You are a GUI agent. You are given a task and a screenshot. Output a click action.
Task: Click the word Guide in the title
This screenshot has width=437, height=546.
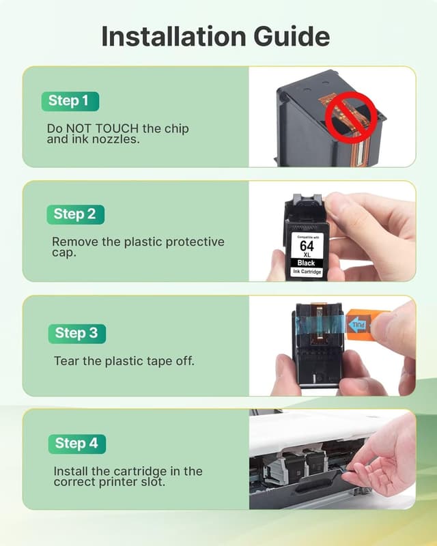[x=294, y=36]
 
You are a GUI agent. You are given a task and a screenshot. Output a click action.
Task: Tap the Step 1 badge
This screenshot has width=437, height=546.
[x=68, y=101]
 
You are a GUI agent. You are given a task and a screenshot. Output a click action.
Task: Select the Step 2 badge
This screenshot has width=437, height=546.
[x=74, y=214]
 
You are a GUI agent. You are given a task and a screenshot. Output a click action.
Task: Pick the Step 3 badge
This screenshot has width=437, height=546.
[x=76, y=333]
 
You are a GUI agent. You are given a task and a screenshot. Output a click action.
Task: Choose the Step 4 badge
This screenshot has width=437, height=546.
[x=76, y=444]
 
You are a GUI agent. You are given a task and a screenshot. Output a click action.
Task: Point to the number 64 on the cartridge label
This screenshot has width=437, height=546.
[x=307, y=243]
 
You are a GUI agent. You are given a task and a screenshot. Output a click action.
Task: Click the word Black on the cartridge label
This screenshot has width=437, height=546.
[x=307, y=262]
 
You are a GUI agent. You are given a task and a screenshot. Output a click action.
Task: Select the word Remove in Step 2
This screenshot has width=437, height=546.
[x=73, y=242]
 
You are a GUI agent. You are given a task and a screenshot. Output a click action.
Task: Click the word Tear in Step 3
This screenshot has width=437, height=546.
[x=66, y=360]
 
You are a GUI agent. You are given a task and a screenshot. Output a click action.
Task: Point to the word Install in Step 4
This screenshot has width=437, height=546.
[x=72, y=471]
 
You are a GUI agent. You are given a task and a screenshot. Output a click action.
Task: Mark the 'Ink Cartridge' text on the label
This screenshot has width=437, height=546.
[x=307, y=272]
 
